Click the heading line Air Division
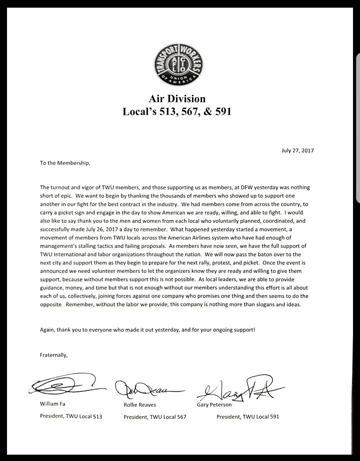(177, 99)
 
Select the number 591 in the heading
(222, 111)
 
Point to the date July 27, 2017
(298, 150)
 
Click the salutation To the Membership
(65, 163)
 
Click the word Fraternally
(54, 355)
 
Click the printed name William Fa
(53, 404)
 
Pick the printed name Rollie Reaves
(140, 405)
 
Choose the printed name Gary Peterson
(214, 405)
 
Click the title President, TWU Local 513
(71, 416)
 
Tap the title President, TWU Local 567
(155, 417)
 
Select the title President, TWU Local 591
(248, 416)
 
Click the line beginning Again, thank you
(147, 330)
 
